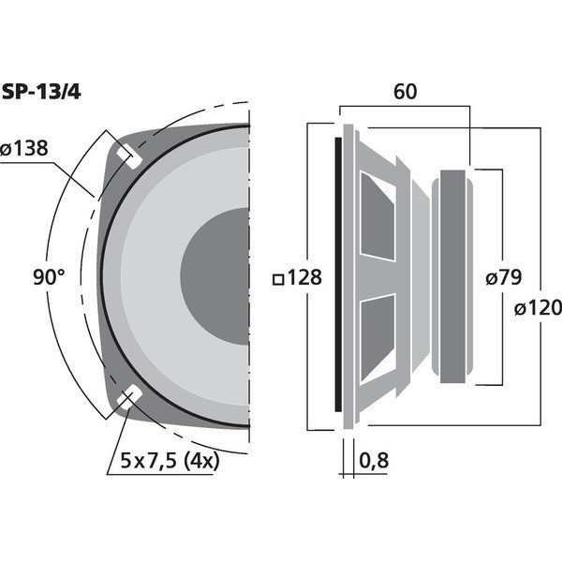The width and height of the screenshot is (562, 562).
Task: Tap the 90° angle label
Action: coord(48,277)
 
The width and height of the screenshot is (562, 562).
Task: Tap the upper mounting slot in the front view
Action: coord(128,155)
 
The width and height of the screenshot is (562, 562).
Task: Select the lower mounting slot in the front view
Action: coord(128,398)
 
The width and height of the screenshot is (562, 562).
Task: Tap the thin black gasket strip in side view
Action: coord(338,277)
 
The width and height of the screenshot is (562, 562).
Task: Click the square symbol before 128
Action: coord(277,278)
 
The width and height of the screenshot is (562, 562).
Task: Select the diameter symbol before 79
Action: coord(490,277)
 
